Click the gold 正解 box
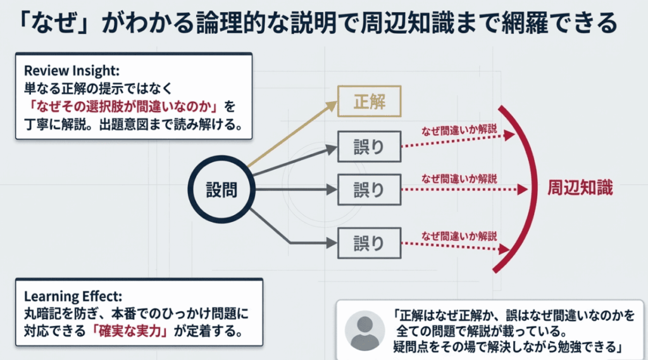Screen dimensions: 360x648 (x=369, y=101)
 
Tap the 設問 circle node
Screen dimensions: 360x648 (x=221, y=189)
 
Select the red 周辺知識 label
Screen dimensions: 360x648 (x=580, y=189)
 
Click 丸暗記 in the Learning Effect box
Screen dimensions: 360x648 (x=40, y=313)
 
